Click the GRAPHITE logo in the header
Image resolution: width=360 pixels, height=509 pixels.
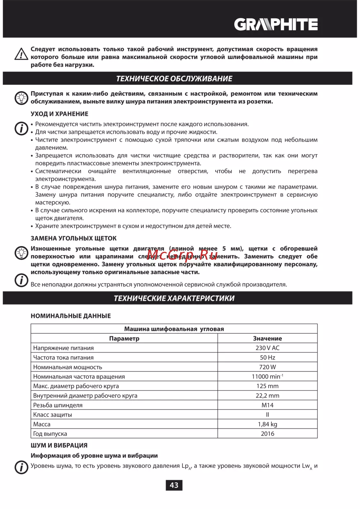coord(276,24)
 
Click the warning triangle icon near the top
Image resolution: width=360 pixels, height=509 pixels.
coord(21,54)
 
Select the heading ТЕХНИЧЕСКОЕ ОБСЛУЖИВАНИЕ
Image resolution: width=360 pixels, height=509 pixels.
coord(174,78)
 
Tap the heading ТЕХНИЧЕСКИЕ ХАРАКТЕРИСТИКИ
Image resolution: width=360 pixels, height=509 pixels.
coord(174,298)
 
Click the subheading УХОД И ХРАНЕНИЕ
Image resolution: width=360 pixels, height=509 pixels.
coord(59,114)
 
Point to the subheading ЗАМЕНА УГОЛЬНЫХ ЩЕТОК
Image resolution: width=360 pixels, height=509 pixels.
coord(73,238)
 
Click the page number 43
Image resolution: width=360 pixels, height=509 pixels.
coord(174,485)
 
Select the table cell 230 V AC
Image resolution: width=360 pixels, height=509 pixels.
coord(267,348)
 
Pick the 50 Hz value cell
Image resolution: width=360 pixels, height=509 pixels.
coord(267,358)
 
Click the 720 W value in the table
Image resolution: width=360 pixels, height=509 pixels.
coord(267,367)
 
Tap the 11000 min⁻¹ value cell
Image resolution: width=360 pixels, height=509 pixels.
coord(267,377)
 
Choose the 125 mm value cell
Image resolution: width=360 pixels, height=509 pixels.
coord(267,386)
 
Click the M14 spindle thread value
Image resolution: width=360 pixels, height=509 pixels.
coord(267,405)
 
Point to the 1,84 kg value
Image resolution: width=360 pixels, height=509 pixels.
coord(267,424)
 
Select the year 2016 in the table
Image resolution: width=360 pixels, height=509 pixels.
coord(267,433)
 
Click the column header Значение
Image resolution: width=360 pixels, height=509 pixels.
coord(267,338)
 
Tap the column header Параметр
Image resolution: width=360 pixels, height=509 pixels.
coord(124,338)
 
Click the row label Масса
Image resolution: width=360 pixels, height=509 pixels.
coord(42,424)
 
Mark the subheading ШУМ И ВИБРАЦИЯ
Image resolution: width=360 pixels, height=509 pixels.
coord(59,445)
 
